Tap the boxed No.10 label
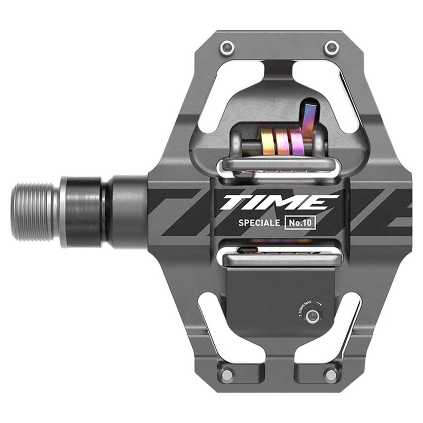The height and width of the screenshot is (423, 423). pyautogui.click(x=299, y=222)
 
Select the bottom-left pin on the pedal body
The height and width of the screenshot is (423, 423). pyautogui.click(x=227, y=375)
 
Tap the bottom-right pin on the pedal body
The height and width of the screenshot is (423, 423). pyautogui.click(x=332, y=375)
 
